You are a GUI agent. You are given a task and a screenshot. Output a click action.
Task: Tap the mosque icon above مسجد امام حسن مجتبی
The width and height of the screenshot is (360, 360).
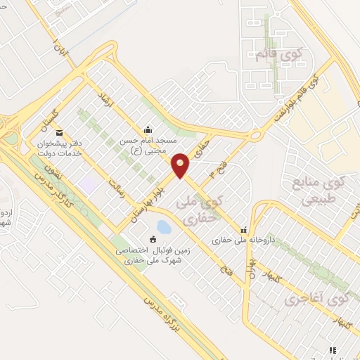(x=148, y=130)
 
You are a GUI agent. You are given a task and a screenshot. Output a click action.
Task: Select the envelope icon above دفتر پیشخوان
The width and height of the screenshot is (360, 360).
(x=59, y=132)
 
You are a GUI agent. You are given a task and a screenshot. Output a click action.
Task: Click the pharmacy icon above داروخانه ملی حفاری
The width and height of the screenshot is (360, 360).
(x=244, y=229)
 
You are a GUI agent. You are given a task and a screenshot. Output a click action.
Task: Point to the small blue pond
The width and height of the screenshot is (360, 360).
(x=163, y=227)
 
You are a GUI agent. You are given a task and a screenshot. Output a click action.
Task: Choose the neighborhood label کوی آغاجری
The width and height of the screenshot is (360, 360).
(x=317, y=301)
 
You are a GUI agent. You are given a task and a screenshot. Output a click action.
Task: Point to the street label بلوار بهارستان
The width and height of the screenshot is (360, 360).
(x=152, y=201)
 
